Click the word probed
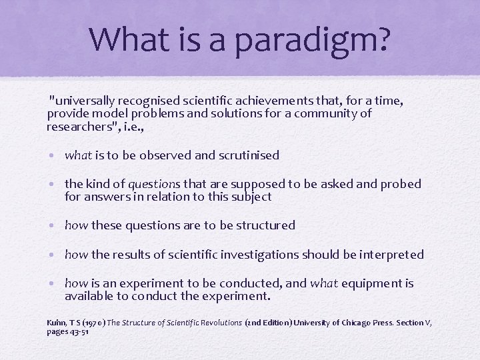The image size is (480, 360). (x=402, y=184)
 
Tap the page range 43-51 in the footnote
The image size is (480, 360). (x=79, y=331)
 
